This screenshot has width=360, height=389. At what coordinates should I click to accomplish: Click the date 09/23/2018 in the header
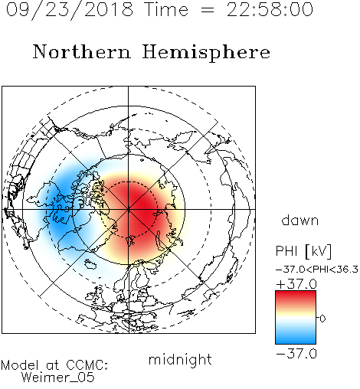tap(70, 10)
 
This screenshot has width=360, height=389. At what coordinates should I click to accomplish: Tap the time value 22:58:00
tap(270, 9)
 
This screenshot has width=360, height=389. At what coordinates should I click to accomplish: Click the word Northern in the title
tap(82, 51)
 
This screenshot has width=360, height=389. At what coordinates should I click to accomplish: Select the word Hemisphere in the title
tap(206, 52)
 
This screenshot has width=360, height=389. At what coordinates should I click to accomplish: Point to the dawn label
tap(300, 220)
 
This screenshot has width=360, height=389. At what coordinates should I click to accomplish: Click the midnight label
tap(180, 360)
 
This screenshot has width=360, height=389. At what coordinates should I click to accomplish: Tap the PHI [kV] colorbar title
tap(303, 251)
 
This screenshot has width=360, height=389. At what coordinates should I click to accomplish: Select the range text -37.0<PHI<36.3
tap(317, 270)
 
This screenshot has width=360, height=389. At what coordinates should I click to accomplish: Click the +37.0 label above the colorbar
tap(296, 284)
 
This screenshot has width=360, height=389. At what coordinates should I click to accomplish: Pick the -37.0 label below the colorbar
tap(296, 354)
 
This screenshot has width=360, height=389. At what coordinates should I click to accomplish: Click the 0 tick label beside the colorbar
tap(322, 319)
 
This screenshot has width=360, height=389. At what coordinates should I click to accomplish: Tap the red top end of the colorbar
tap(296, 293)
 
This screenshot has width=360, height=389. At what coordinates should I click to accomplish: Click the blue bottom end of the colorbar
tap(296, 342)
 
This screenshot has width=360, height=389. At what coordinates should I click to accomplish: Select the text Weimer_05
tap(58, 378)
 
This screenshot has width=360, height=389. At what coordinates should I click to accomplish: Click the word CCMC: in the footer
tap(87, 365)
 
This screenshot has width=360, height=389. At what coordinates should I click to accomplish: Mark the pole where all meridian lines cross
tap(129, 209)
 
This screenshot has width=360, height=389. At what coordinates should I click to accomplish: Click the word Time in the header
tap(166, 9)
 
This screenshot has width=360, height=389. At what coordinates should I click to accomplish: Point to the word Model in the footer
tap(20, 365)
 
